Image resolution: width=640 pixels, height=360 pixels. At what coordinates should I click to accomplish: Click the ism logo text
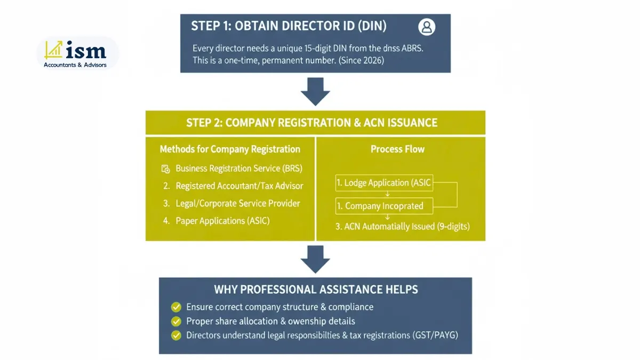click(86, 51)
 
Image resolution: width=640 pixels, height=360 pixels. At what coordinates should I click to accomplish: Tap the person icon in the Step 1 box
click(427, 27)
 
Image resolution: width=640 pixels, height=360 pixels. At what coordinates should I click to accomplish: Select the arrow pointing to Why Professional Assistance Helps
click(315, 259)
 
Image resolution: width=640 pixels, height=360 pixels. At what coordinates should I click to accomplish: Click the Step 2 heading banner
click(315, 123)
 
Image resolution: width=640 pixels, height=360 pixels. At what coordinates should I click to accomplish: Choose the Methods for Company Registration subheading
click(230, 149)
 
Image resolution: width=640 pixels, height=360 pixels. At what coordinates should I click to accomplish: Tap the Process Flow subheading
click(397, 149)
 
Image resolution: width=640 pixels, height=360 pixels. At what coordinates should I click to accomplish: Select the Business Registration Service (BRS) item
click(238, 169)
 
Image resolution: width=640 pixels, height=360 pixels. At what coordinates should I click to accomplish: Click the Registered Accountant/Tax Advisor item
click(239, 186)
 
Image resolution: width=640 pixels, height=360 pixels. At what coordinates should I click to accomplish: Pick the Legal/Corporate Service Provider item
click(237, 203)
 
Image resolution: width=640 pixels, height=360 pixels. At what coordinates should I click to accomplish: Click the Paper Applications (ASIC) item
click(222, 221)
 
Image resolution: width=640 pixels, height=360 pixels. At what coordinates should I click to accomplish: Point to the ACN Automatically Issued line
click(403, 226)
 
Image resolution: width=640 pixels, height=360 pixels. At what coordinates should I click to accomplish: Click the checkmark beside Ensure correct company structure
click(175, 307)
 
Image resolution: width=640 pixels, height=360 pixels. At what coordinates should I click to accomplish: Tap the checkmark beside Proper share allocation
click(175, 322)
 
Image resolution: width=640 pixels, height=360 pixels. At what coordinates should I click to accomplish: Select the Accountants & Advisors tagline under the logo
click(75, 65)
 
